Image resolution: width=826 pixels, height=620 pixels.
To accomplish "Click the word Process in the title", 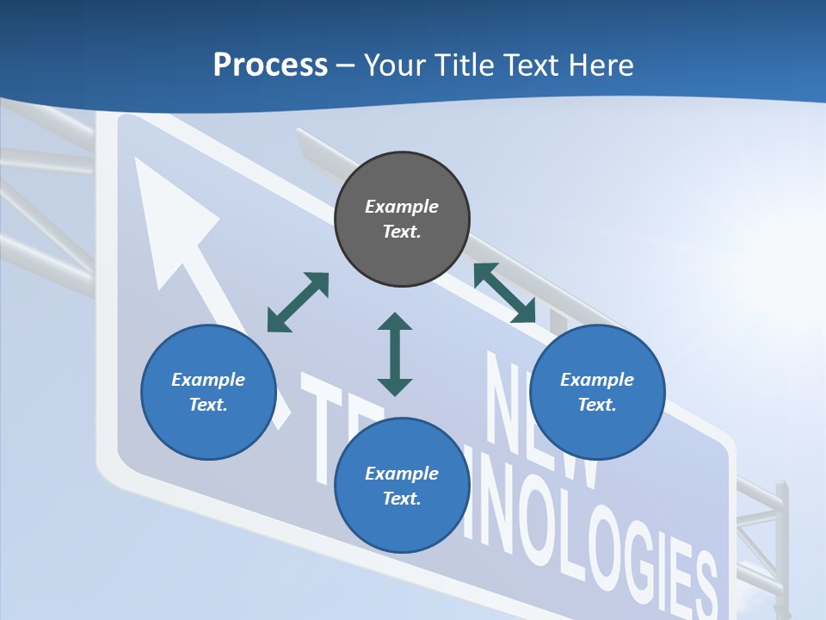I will [x=270, y=65].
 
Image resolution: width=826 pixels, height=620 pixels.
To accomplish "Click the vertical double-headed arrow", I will [x=395, y=354].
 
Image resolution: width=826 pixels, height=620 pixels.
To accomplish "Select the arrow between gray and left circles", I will [x=298, y=302].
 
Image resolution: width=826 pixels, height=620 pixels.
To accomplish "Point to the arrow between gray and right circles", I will [x=505, y=293].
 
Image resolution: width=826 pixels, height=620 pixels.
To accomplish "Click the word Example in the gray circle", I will [x=402, y=207].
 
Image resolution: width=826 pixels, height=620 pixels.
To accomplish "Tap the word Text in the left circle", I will [x=207, y=405].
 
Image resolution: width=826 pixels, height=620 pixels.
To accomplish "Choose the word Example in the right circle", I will [x=597, y=380].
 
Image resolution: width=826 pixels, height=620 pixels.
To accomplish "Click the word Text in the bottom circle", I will [x=401, y=499].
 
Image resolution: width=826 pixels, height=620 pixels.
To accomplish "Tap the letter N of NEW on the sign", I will [x=508, y=387].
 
